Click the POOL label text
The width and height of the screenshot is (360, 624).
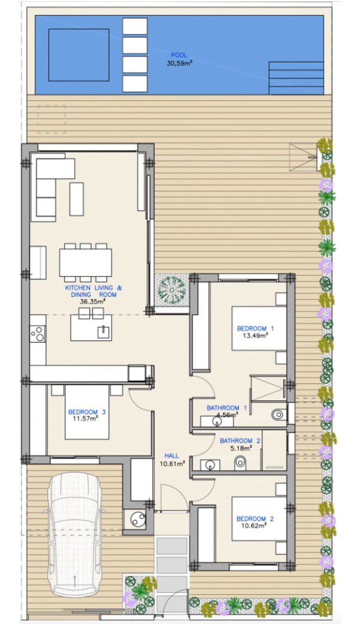click(179, 55)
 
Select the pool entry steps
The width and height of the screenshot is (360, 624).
click(296, 78)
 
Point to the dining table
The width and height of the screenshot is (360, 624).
click(86, 262)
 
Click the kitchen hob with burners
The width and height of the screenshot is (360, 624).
click(38, 334)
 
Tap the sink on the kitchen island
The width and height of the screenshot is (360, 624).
click(104, 331)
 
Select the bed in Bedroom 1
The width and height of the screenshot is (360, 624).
click(259, 328)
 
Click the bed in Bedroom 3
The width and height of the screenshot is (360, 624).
click(87, 412)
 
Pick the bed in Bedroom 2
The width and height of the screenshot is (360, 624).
click(259, 518)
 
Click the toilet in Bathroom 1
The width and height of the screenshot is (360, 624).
click(279, 415)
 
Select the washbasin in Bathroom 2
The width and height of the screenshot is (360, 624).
click(209, 464)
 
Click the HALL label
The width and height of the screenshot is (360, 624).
click(172, 455)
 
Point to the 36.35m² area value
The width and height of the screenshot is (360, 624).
click(92, 301)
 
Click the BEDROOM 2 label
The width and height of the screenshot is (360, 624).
click(255, 518)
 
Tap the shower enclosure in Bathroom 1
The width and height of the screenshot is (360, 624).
click(268, 388)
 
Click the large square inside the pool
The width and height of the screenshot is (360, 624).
click(79, 55)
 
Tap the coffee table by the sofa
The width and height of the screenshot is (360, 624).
click(76, 199)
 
